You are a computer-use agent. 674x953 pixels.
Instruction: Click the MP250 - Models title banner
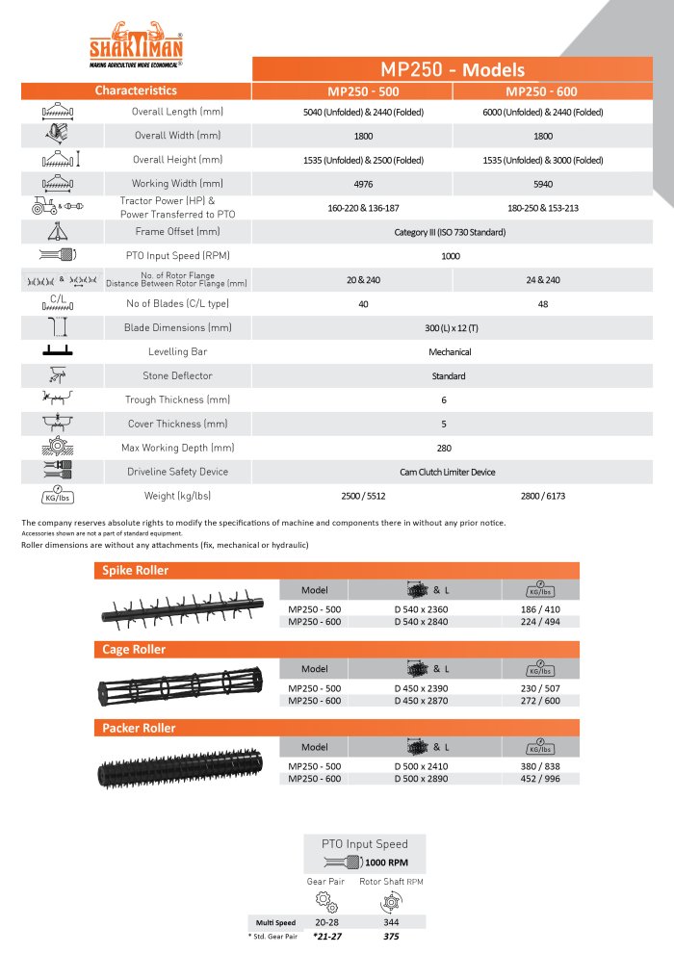[x=453, y=69]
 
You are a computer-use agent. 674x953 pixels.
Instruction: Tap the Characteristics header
[x=136, y=90]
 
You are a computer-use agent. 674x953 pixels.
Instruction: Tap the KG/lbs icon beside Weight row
[x=59, y=496]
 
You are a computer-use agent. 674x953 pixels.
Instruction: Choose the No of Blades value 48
[x=542, y=303]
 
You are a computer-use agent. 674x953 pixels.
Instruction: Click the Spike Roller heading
[x=136, y=571]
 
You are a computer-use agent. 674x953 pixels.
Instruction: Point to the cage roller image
[x=183, y=688]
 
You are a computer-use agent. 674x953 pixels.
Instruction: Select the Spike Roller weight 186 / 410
[x=540, y=609]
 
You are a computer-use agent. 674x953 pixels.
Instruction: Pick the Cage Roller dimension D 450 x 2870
[x=428, y=700]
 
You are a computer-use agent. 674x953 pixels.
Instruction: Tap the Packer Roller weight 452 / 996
[x=540, y=779]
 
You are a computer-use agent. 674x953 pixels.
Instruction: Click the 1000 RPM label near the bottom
[x=384, y=863]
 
